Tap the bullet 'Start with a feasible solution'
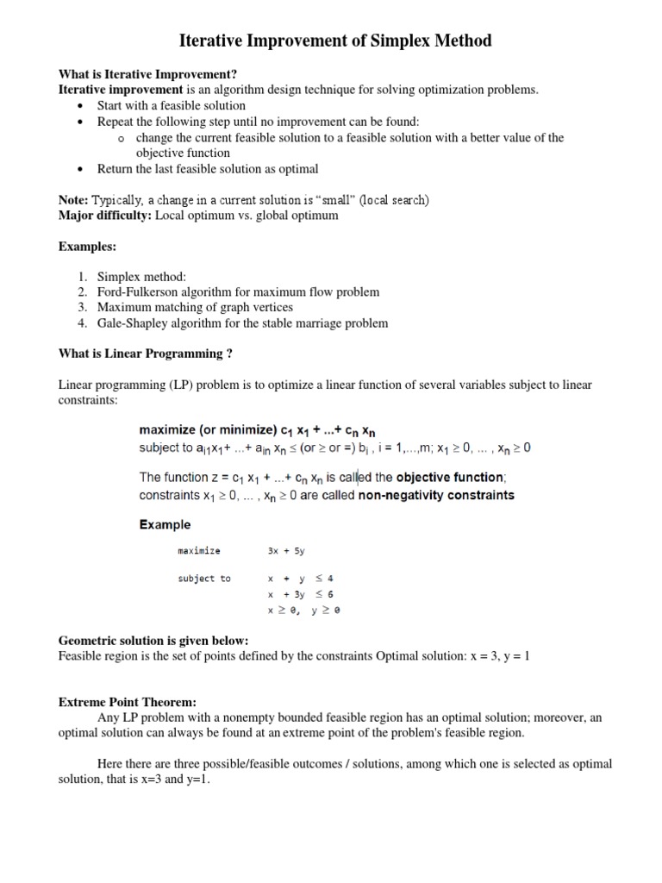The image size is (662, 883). pyautogui.click(x=172, y=105)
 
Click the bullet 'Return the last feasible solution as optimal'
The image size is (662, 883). pyautogui.click(x=208, y=169)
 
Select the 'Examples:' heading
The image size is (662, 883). pyautogui.click(x=87, y=247)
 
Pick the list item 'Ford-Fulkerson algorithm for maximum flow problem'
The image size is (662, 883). pyautogui.click(x=238, y=292)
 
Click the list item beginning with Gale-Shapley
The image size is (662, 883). pyautogui.click(x=242, y=323)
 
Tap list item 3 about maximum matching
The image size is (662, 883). pyautogui.click(x=195, y=308)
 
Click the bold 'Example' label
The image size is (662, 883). pyautogui.click(x=165, y=524)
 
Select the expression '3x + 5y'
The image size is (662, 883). pyautogui.click(x=289, y=551)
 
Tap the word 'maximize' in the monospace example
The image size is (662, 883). pyautogui.click(x=199, y=551)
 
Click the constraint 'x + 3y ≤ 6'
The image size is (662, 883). pyautogui.click(x=300, y=595)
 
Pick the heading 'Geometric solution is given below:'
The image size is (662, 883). pyautogui.click(x=153, y=641)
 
